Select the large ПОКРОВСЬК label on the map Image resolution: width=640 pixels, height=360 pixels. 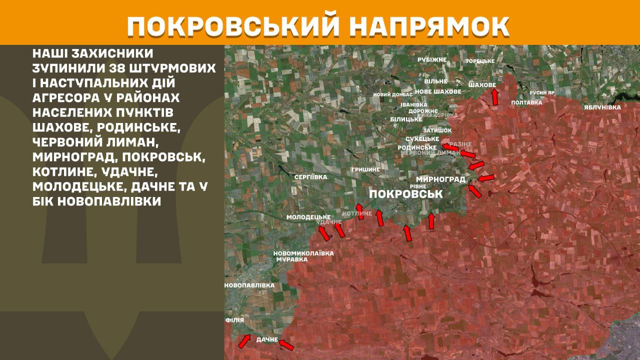pyautogui.click(x=405, y=194)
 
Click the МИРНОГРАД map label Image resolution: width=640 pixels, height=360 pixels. pyautogui.click(x=440, y=179)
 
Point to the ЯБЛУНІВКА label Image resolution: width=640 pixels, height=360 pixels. pyautogui.click(x=602, y=107)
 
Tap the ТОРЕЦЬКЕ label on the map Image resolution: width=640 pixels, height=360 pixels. pyautogui.click(x=479, y=61)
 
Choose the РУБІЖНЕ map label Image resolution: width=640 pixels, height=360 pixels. pyautogui.click(x=432, y=59)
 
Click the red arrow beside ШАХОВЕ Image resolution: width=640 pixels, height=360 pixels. pyautogui.click(x=494, y=96)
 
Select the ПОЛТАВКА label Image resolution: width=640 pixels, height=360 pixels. pyautogui.click(x=526, y=102)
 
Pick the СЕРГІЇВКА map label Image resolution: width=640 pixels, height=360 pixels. pyautogui.click(x=310, y=177)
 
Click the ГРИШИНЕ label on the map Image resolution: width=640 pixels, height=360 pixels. pyautogui.click(x=365, y=169)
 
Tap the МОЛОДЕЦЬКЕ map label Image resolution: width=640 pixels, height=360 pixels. pyautogui.click(x=308, y=217)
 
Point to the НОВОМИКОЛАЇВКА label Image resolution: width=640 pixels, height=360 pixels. pyautogui.click(x=303, y=253)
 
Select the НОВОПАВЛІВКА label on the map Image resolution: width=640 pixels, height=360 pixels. pyautogui.click(x=249, y=285)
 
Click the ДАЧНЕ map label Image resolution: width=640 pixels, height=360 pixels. pyautogui.click(x=267, y=339)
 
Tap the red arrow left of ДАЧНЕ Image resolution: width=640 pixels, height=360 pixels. pyautogui.click(x=244, y=341)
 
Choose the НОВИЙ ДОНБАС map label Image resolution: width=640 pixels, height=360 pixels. pyautogui.click(x=393, y=94)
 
